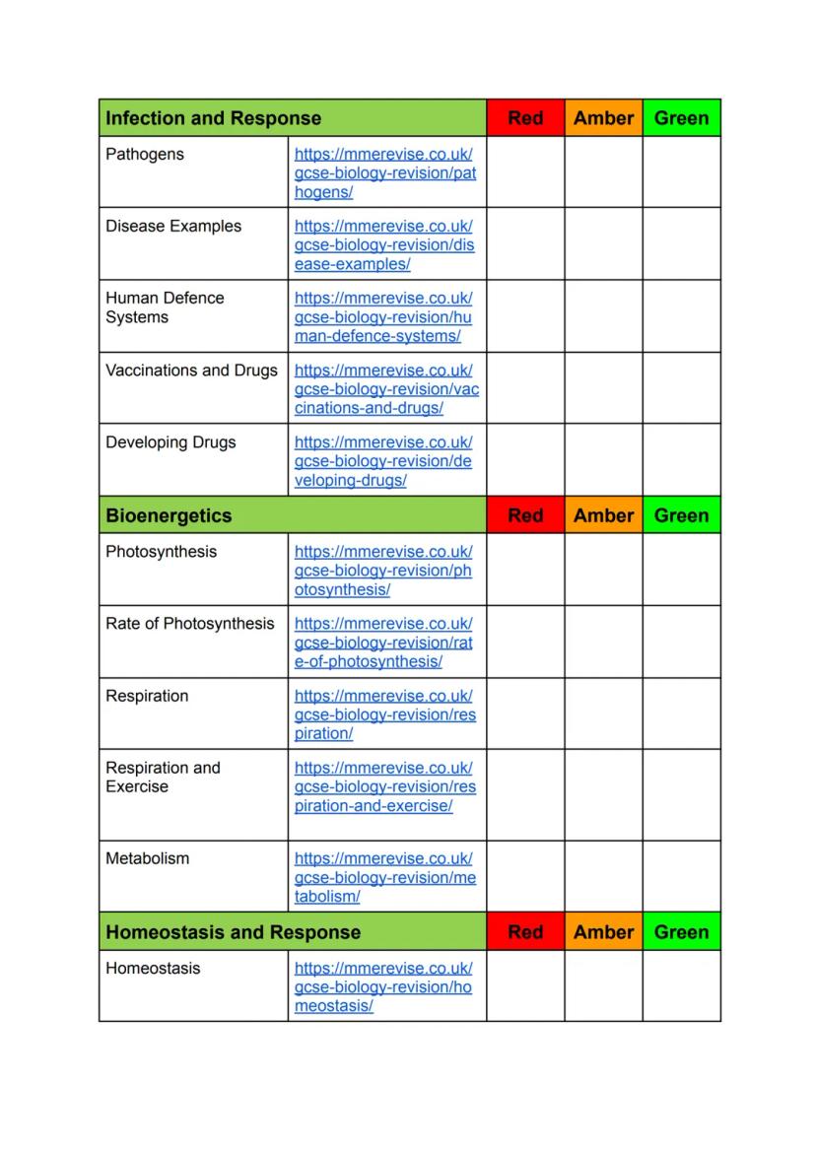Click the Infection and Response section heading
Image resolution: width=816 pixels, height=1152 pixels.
point(213,118)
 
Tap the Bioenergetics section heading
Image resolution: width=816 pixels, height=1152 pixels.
point(169,515)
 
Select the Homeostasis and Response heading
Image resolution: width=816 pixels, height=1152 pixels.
point(233,932)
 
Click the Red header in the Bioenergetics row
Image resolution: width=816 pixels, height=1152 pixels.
point(525,515)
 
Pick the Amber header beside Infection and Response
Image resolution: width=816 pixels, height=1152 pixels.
point(603,118)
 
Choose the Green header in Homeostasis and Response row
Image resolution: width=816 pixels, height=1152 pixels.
point(681,932)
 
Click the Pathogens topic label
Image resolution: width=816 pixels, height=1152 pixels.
point(145,155)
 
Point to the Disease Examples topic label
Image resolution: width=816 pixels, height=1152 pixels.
point(173,227)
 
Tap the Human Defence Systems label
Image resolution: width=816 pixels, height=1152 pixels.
point(165,307)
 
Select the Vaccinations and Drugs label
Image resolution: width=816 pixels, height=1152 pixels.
point(191,371)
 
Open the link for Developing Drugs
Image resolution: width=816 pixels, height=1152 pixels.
point(382,461)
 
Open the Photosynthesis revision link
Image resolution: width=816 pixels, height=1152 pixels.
point(382,571)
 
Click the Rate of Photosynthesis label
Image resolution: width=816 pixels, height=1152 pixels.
point(190,624)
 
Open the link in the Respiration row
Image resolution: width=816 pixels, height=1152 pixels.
point(384,714)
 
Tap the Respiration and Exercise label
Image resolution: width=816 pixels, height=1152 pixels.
point(163,777)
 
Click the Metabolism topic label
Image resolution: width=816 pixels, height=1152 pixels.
point(148,858)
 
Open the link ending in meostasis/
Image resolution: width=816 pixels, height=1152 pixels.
point(382,987)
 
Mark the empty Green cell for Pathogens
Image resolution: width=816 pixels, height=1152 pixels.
point(681,171)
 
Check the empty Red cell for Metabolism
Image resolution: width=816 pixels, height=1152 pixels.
point(525,876)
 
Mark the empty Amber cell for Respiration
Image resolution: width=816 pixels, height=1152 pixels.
point(603,713)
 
